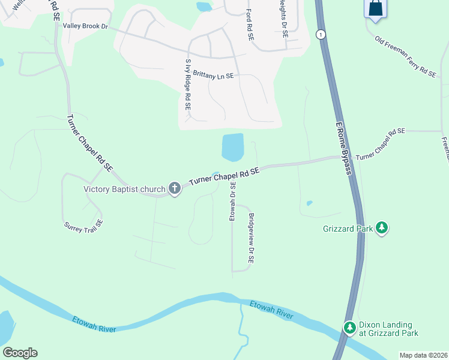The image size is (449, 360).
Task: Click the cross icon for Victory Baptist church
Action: (x=175, y=189)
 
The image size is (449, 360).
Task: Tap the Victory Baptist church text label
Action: (x=124, y=190)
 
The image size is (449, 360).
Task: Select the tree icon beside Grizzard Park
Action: (x=382, y=228)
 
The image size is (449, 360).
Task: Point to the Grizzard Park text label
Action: (x=348, y=228)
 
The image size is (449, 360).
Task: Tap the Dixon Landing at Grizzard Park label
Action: (x=388, y=328)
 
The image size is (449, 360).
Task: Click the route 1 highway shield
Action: (x=322, y=34)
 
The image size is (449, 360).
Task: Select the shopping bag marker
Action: (x=375, y=8)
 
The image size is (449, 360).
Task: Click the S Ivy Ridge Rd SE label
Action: (x=188, y=84)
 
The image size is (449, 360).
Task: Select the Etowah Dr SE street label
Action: (x=233, y=201)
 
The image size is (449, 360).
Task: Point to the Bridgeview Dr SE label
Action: (x=252, y=238)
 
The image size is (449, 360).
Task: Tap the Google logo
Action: (x=20, y=353)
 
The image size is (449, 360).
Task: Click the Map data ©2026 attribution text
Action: (x=423, y=355)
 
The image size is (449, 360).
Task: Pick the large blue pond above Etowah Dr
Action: (x=232, y=147)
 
